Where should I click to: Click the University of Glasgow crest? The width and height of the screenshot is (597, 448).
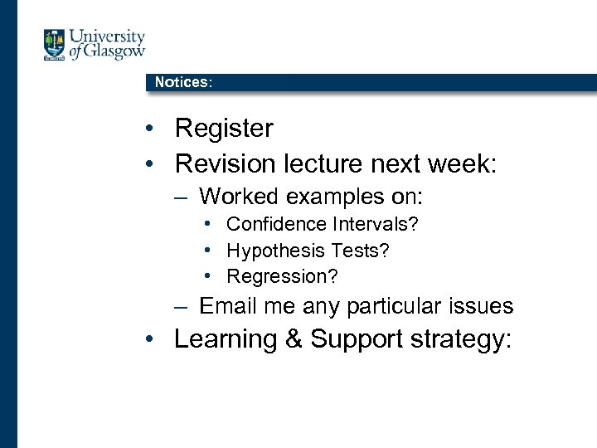coord(55,45)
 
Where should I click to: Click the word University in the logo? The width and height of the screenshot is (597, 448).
coord(107,37)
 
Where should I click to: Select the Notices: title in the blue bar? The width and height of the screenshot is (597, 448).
coord(183,82)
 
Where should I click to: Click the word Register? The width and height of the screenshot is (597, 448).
coord(224,129)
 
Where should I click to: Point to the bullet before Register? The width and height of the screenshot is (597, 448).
coord(147,129)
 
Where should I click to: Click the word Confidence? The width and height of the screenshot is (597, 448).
coord(277,224)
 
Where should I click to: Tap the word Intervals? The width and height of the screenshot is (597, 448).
coord(376,224)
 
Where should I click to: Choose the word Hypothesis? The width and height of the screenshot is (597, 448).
coord(275,251)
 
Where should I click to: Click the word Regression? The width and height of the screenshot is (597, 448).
coord(283,276)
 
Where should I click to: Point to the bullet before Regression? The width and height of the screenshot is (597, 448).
coord(213,276)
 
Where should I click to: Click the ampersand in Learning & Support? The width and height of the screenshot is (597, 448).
coord(294,339)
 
